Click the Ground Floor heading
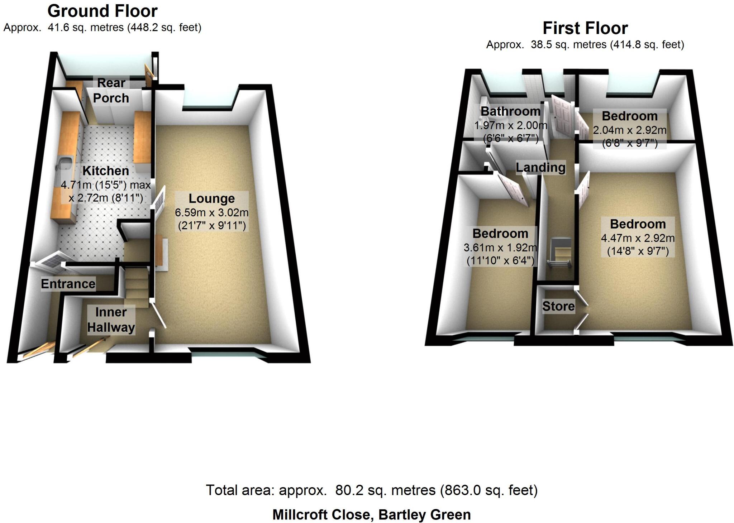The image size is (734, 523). click(103, 11)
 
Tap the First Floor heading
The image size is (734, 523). click(585, 28)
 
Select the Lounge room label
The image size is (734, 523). click(211, 198)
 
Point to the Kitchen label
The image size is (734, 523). click(105, 171)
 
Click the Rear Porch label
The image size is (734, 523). click(111, 90)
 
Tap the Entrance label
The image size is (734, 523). click(68, 284)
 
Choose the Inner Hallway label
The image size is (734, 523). click(111, 320)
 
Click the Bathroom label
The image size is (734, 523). click(510, 111)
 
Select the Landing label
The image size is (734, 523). click(540, 167)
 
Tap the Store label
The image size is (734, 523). click(558, 306)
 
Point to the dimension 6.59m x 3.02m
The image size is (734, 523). click(211, 212)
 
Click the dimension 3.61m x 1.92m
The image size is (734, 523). click(500, 248)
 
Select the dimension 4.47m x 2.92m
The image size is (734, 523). click(638, 238)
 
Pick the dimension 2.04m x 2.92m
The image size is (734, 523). click(629, 130)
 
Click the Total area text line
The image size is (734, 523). click(372, 490)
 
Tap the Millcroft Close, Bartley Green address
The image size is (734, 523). click(372, 515)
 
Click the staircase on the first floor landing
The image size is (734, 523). click(559, 253)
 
